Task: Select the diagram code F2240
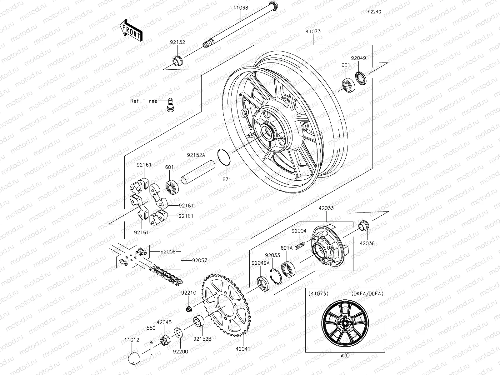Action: [x=374, y=12]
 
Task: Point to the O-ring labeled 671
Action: [x=224, y=157]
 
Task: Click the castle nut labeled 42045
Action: [x=165, y=340]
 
